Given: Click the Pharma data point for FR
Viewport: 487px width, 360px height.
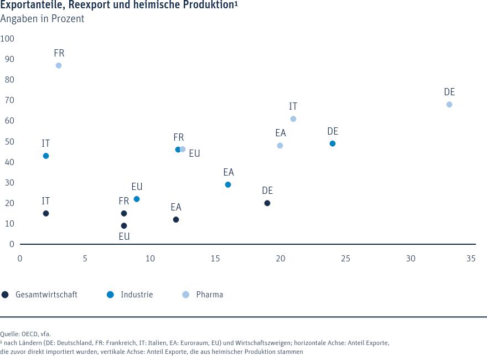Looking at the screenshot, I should [59, 65].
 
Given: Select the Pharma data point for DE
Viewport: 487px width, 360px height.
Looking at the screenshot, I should [449, 105].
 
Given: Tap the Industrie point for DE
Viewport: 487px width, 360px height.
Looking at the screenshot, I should [333, 143].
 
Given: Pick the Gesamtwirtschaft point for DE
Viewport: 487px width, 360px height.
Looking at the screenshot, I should [267, 203].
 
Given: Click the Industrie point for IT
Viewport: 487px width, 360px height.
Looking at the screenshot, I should [46, 156].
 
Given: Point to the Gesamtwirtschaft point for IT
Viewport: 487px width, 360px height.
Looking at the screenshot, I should [46, 213].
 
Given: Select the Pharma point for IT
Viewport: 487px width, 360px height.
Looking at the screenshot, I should [293, 119].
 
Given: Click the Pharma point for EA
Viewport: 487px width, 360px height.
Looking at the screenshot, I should [280, 146].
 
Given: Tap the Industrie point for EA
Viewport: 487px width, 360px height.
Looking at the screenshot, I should [228, 184].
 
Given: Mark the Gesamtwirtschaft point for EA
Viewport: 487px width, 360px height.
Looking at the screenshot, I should [176, 220].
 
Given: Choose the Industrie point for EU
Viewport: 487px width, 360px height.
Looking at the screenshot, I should [137, 199].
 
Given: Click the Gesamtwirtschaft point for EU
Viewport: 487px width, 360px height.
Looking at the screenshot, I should [124, 226].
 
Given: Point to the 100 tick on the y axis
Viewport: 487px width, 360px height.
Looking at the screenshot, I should [8, 39].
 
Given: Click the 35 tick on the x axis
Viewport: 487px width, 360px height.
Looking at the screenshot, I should [471, 259].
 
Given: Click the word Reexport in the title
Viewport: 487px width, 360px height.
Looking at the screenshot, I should [97, 6].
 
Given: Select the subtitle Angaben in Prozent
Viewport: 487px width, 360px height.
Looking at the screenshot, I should [42, 19].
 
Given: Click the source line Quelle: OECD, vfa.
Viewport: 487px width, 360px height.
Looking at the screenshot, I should [25, 334].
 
